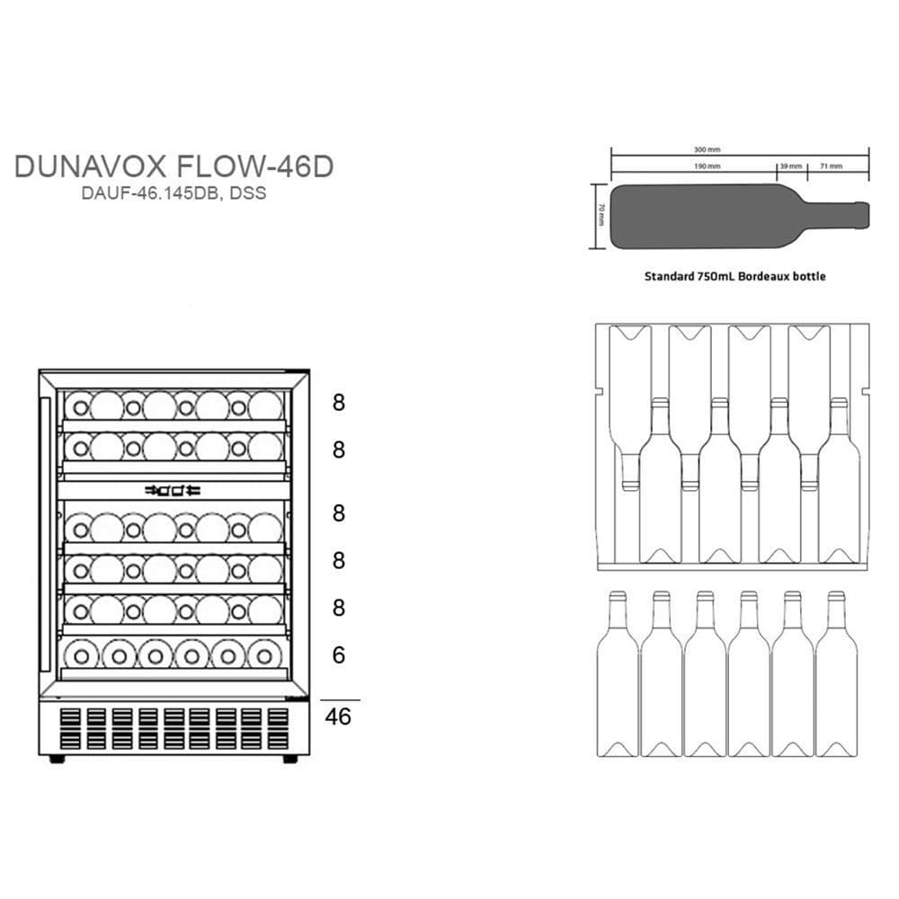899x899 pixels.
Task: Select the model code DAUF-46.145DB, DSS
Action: coord(174,193)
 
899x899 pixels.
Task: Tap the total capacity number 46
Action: coord(339,717)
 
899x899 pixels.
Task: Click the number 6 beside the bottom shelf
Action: coord(339,655)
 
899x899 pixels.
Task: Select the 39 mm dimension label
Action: coord(789,166)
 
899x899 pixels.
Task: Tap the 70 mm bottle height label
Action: coord(601,217)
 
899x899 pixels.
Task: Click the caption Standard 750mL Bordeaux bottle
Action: coord(734,277)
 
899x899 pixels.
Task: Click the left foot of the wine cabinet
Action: coord(57,760)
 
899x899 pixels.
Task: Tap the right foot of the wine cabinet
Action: coord(290,760)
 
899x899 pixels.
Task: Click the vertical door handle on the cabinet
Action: coord(45,530)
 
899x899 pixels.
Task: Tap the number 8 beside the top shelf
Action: coord(339,403)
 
